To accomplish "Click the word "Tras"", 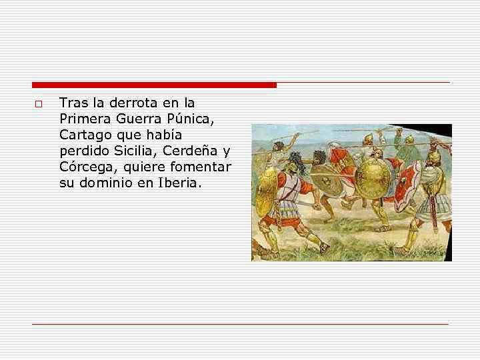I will (x=71, y=103).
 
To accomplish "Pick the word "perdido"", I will (x=81, y=151).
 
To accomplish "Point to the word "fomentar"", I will (x=203, y=167).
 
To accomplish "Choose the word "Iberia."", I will (x=175, y=182).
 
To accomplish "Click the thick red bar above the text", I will (x=154, y=85).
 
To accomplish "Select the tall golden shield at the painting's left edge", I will (x=265, y=190).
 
